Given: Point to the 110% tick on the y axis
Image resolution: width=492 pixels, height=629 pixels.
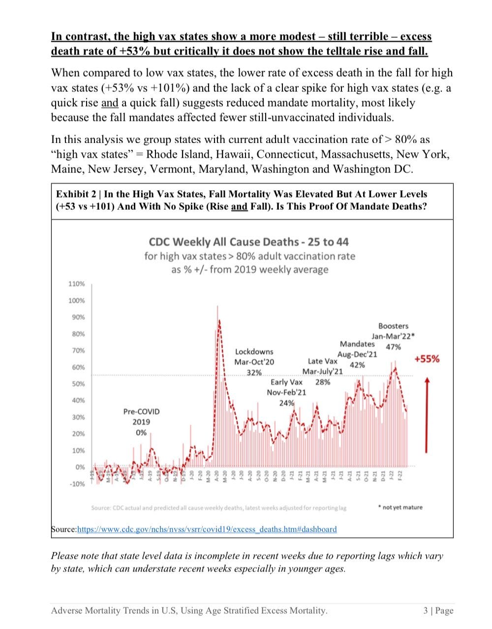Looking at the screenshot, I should [76, 284].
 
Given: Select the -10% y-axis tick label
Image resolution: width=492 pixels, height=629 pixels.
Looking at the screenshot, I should [76, 484].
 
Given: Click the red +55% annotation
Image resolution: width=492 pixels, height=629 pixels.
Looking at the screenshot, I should [427, 359].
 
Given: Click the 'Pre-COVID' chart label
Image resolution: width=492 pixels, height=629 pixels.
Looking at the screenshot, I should [141, 411].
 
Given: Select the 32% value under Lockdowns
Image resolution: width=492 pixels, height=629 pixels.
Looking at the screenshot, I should [254, 372].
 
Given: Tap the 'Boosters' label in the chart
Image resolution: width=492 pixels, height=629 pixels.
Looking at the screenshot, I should [393, 326].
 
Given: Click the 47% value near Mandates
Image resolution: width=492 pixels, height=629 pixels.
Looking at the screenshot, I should [393, 347].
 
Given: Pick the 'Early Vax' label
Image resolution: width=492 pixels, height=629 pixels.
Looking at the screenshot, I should [286, 382].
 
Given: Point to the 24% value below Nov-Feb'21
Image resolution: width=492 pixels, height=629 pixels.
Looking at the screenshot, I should [286, 403].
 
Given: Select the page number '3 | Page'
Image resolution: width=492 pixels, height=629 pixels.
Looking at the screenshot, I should [438, 611].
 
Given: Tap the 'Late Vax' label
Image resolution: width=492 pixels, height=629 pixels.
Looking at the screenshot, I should [322, 361].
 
